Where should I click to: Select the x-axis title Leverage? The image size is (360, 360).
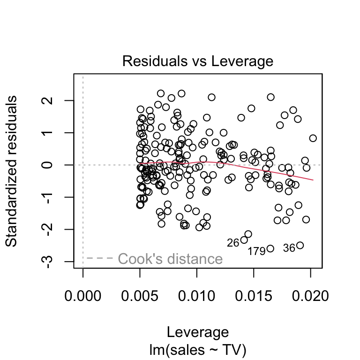(197, 332)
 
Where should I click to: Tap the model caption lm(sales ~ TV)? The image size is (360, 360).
(197, 349)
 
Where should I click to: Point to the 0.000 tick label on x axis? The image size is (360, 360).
(83, 296)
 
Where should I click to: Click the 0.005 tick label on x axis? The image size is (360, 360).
(140, 296)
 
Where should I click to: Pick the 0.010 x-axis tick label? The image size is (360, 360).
(197, 296)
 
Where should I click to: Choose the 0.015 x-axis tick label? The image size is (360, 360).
(254, 296)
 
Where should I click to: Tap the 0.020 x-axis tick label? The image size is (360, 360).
(310, 296)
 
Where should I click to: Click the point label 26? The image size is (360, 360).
(233, 243)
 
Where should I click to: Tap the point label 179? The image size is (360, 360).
(256, 252)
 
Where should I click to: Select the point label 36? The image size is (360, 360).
(289, 248)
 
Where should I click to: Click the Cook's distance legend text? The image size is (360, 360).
(170, 259)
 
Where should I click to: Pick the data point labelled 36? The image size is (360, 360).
(300, 245)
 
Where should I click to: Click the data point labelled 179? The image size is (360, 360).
(270, 248)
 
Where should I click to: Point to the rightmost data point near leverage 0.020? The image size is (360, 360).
(313, 138)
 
